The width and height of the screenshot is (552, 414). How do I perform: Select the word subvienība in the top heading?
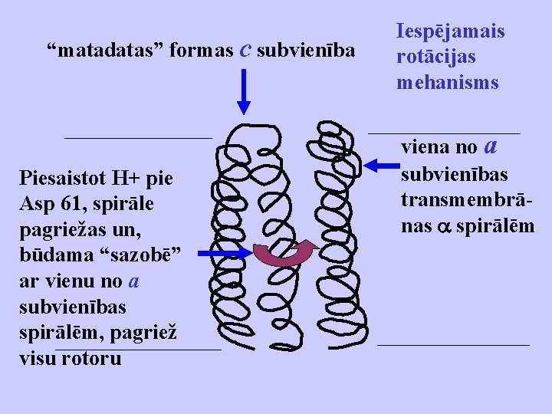click(x=306, y=51)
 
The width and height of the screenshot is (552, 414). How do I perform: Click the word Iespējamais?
click(x=451, y=31)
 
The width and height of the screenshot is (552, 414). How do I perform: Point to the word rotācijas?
click(x=435, y=57)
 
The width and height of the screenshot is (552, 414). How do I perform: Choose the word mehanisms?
click(x=448, y=82)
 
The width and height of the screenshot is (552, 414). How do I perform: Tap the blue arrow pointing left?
click(x=382, y=164)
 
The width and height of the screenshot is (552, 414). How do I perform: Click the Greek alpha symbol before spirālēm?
click(x=444, y=228)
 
